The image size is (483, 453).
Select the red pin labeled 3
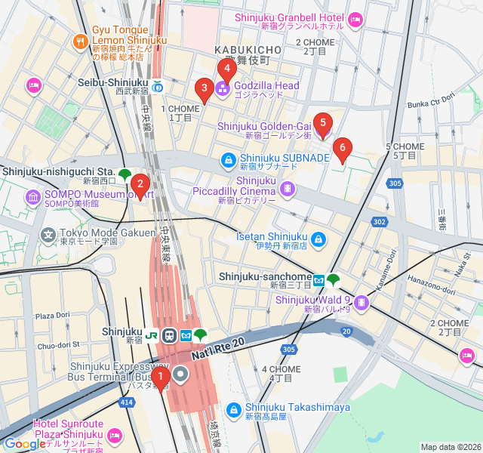pos(203,90)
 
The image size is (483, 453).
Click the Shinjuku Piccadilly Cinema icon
pos(287,188)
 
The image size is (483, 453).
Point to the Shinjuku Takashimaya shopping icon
pos(233,408)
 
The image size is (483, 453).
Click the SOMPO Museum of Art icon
pos(33,198)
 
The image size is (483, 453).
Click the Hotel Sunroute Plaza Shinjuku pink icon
pos(115,435)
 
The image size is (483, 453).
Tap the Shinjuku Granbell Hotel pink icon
pos(355,19)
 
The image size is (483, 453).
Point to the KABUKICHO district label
pos(248,50)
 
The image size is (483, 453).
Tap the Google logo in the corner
pos(25,444)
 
